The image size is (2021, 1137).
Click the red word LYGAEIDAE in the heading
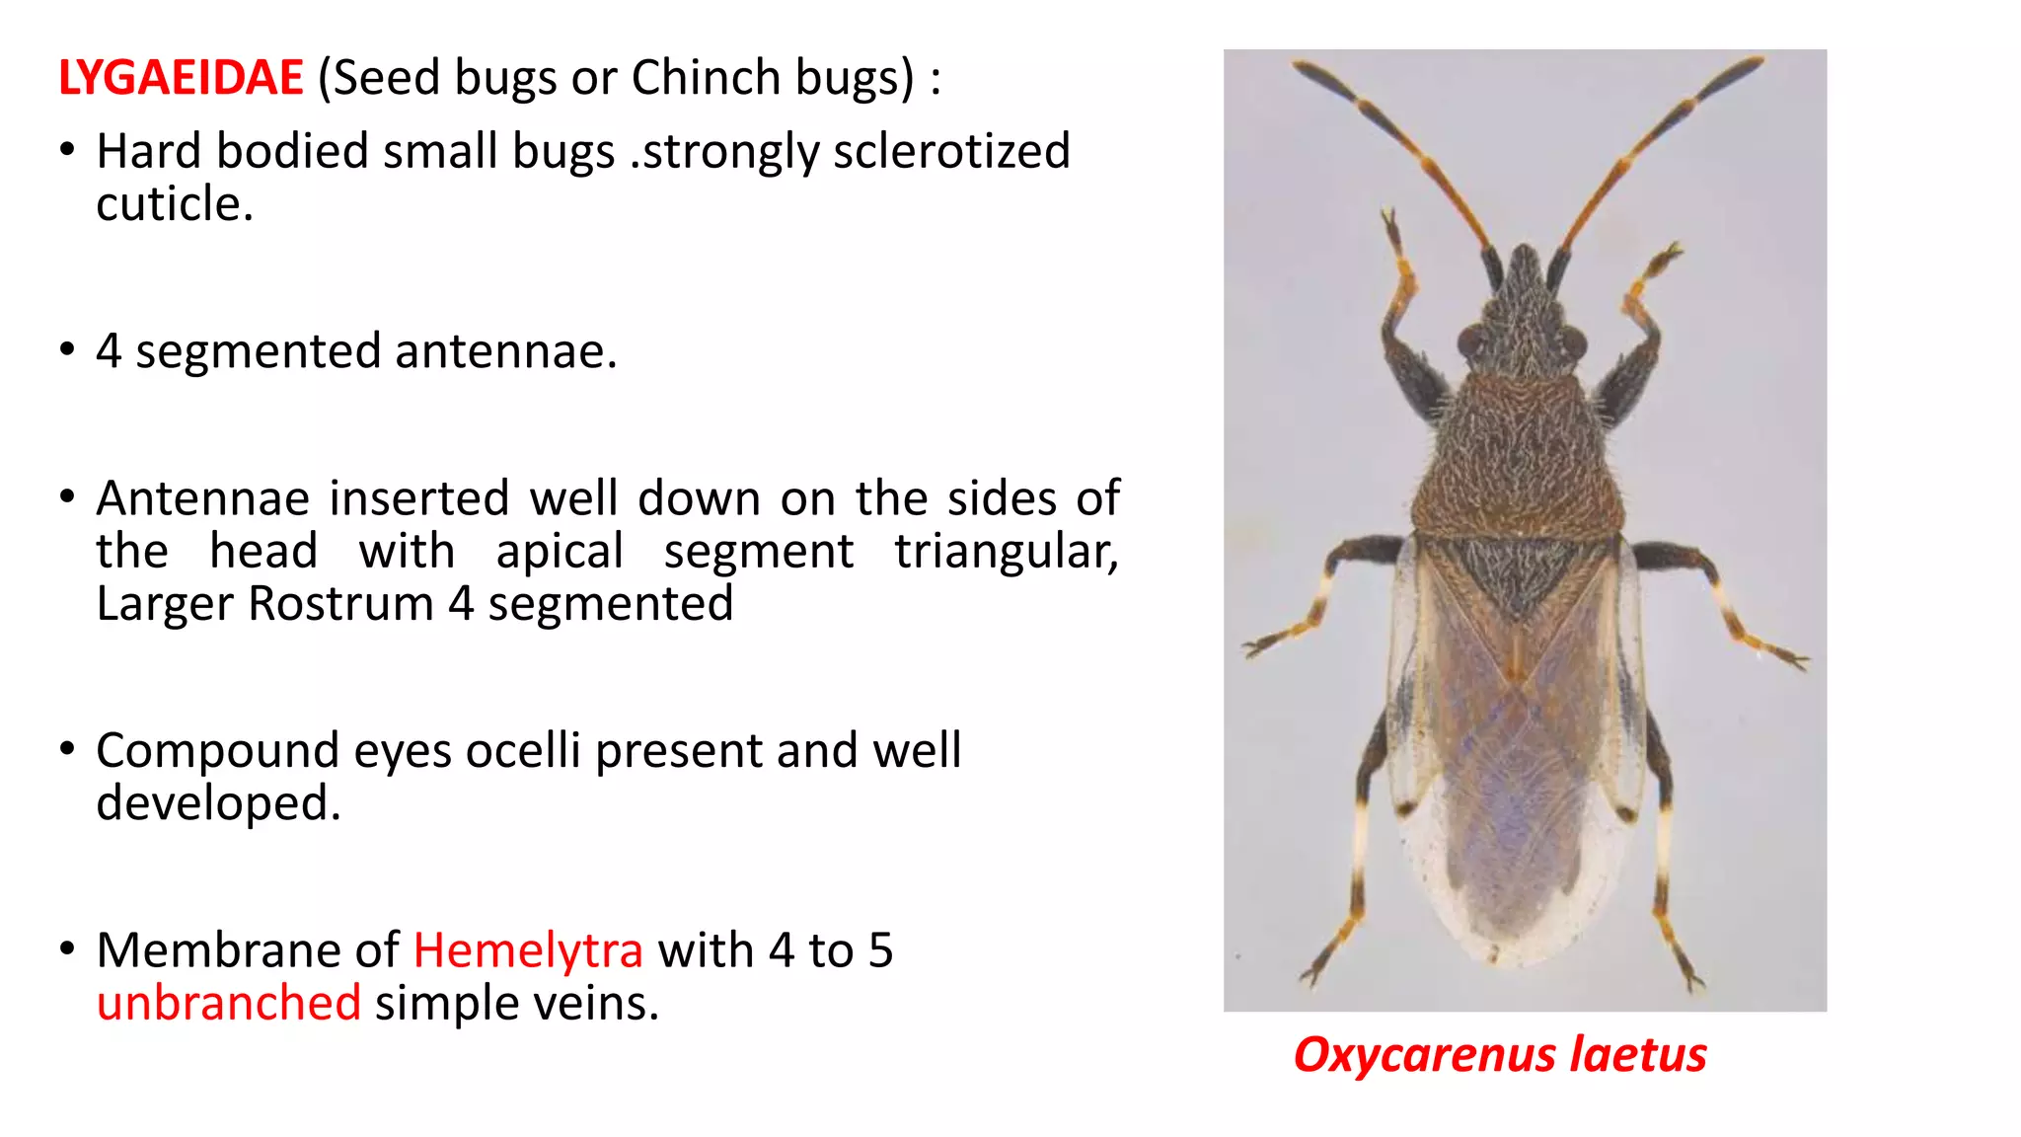[181, 78]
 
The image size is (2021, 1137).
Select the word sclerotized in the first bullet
[951, 152]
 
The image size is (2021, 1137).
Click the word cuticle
[174, 204]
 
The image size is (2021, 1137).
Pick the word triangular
[1007, 552]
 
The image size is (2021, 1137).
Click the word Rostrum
[340, 604]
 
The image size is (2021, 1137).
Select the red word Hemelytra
[528, 951]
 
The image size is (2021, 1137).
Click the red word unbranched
[229, 1004]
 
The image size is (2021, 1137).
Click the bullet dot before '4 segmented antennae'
[67, 349]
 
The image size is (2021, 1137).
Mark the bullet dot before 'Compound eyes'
[67, 749]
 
